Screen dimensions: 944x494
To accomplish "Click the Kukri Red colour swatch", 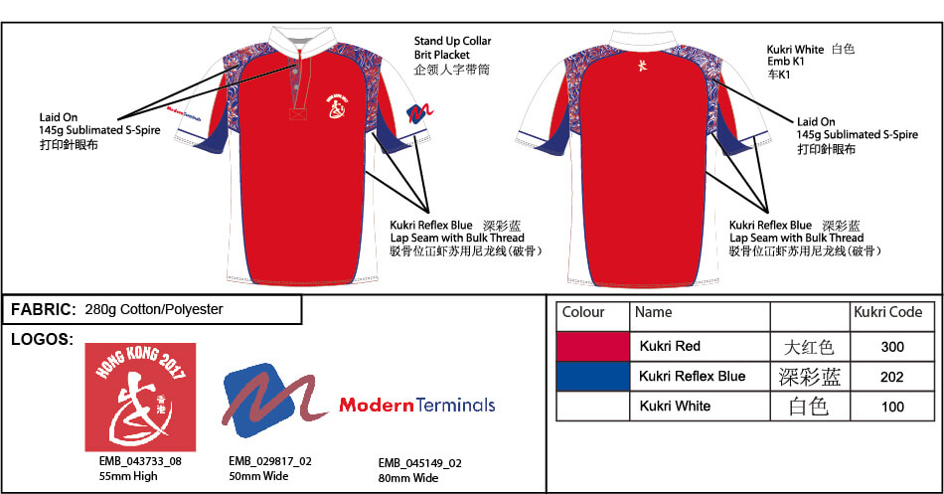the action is pyautogui.click(x=593, y=347).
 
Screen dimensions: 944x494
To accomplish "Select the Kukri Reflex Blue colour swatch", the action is pyautogui.click(x=593, y=377).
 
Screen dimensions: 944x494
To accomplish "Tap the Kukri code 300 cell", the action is pyautogui.click(x=892, y=347).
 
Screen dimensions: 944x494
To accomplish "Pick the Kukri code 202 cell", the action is pyautogui.click(x=892, y=377).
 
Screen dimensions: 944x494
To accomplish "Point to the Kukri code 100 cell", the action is pyautogui.click(x=892, y=407).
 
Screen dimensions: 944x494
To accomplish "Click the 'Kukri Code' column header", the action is pyautogui.click(x=888, y=312).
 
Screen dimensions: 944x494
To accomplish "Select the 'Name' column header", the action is pyautogui.click(x=653, y=312).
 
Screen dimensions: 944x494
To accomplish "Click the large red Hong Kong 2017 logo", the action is pyautogui.click(x=140, y=397).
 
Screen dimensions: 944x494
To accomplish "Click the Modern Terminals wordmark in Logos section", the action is pyautogui.click(x=417, y=405).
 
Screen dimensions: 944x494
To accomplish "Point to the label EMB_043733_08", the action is pyautogui.click(x=140, y=461).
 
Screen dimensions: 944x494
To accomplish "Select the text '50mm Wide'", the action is pyautogui.click(x=259, y=476).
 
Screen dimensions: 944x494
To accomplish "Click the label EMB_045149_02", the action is pyautogui.click(x=420, y=463).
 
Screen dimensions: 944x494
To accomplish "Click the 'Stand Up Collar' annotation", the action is pyautogui.click(x=453, y=41).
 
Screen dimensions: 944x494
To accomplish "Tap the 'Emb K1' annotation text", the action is pyautogui.click(x=786, y=62).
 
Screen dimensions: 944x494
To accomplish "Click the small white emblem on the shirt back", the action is pyautogui.click(x=642, y=65).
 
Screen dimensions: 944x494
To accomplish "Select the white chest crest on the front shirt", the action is pyautogui.click(x=336, y=106).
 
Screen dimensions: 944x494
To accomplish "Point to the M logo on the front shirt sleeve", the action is pyautogui.click(x=419, y=113).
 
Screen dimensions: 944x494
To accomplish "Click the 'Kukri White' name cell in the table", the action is pyautogui.click(x=675, y=407).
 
